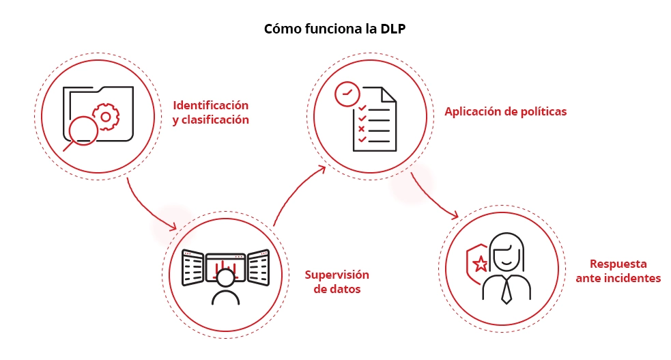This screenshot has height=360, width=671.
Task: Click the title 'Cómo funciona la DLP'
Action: (334, 30)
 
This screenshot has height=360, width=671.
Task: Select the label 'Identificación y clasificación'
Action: (210, 113)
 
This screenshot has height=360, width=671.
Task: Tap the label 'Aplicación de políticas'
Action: (505, 111)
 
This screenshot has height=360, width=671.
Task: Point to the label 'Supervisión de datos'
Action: (337, 281)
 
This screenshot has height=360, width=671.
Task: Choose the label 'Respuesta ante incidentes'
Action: (618, 271)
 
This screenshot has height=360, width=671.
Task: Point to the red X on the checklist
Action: (362, 128)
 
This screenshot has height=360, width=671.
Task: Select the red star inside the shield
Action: (481, 262)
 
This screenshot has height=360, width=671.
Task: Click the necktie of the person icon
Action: (506, 291)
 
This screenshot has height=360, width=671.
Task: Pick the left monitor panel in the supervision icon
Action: (193, 267)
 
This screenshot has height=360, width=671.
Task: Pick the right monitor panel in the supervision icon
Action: (258, 267)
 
